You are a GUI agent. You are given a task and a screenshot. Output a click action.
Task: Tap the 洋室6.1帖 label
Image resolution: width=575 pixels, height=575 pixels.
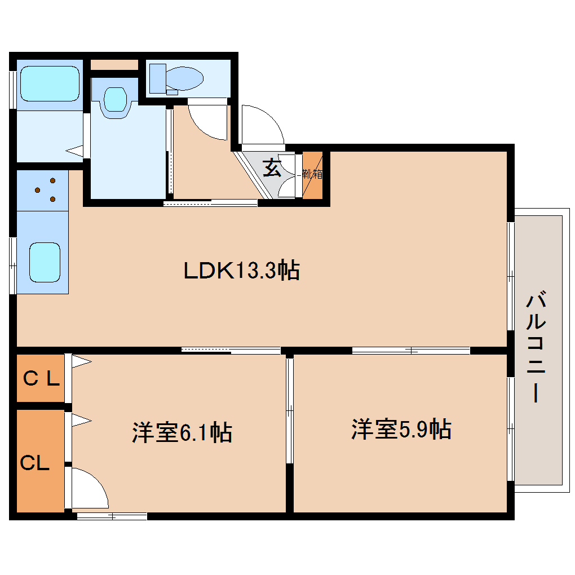tap(182, 432)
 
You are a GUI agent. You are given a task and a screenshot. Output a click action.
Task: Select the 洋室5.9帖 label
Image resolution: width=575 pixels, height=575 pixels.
tap(401, 430)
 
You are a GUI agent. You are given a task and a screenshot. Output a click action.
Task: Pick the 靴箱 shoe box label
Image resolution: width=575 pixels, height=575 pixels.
tap(312, 174)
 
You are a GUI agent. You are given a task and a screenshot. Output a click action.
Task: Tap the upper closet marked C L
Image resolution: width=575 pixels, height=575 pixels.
tap(41, 379)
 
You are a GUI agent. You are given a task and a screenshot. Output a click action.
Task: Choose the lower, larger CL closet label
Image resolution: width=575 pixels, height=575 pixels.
tap(35, 463)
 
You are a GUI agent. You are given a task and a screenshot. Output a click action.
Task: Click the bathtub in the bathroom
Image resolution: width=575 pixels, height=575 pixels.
tap(50, 84)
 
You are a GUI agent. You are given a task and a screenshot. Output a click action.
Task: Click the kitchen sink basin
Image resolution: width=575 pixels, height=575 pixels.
tap(44, 262)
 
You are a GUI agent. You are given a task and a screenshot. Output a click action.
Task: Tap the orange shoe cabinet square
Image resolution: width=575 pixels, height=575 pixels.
tap(313, 175)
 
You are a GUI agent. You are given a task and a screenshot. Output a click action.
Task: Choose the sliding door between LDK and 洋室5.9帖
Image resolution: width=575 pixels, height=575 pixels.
tap(411, 351)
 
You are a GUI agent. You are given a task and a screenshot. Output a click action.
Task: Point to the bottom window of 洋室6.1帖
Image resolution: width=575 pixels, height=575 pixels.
tap(112, 516)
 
